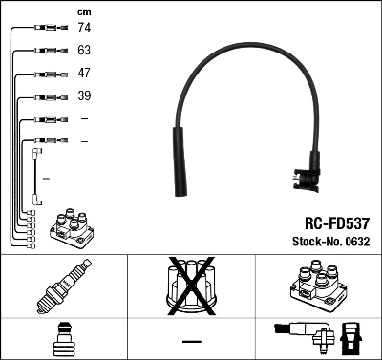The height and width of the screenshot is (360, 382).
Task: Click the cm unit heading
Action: [82, 11]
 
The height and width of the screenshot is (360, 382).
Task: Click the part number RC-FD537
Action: [330, 221]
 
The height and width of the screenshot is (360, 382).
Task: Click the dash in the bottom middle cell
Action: [191, 341]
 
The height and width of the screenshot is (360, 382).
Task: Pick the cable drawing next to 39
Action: [45, 96]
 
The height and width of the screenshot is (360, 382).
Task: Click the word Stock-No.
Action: [310, 242]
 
